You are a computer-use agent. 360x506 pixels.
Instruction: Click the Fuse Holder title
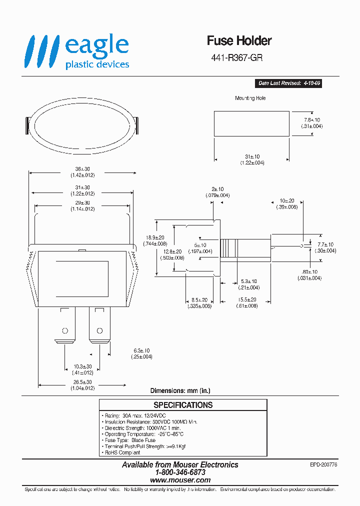tap(239, 41)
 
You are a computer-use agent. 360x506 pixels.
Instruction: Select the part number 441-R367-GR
tap(237, 57)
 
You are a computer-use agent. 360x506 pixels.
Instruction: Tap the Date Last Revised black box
tap(288, 83)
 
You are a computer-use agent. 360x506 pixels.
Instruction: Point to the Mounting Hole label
tap(250, 98)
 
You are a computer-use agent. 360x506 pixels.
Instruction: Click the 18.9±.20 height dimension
tap(154, 237)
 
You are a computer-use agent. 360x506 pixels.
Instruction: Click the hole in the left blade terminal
tap(64, 330)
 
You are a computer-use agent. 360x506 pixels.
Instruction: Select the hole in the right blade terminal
tap(99, 330)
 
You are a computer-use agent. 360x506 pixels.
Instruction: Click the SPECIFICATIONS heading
tap(183, 405)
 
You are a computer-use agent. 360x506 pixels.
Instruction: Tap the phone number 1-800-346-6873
tap(180, 472)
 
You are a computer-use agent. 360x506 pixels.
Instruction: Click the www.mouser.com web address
tap(180, 479)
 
